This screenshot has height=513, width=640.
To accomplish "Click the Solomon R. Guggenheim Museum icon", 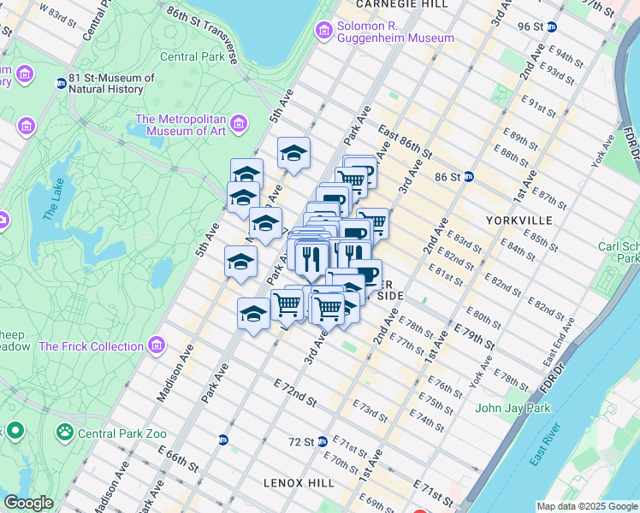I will tap(324, 32).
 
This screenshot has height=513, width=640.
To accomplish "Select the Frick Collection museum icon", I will tap(156, 346).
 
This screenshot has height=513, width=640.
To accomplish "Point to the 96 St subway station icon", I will tap(553, 27).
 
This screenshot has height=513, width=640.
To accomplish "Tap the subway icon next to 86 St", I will tap(470, 177).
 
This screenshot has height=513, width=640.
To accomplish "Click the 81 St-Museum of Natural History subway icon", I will tap(61, 84).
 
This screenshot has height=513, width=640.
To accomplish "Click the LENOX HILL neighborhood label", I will tap(299, 482).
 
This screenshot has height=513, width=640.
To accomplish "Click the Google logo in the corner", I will tap(28, 503).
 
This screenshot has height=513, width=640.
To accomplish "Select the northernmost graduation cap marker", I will tap(293, 153).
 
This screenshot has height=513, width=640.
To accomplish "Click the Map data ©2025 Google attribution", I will tap(587, 506).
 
